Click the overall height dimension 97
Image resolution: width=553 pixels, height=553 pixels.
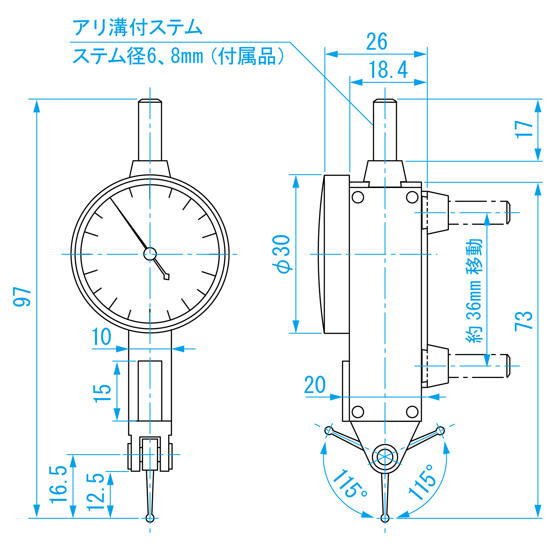coord(22,296)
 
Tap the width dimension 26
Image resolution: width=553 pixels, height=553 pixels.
coord(377,42)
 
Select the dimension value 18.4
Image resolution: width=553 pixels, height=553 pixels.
coord(388,70)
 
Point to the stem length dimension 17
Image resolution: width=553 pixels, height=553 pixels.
coord(524,129)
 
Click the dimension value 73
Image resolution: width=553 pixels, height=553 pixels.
coord(524,321)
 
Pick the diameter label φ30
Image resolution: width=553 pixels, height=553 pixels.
coord(282,254)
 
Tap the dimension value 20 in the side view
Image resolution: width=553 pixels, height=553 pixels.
coord(315,385)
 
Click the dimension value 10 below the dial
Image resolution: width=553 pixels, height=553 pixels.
coord(101,337)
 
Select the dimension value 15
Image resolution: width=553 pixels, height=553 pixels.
coord(102,393)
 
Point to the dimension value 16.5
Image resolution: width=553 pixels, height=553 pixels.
coord(59,485)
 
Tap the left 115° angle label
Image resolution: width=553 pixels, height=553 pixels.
coord(350,484)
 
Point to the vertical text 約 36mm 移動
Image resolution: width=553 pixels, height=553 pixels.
coord(474,290)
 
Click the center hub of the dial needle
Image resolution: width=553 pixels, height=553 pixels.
coord(150,254)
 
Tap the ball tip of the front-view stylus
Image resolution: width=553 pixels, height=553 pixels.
coord(150,518)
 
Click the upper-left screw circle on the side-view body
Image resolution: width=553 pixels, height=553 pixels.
coord(358,197)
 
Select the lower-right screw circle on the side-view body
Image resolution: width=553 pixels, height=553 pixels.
coord(412,411)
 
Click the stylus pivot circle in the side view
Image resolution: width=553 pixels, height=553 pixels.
coord(385,457)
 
